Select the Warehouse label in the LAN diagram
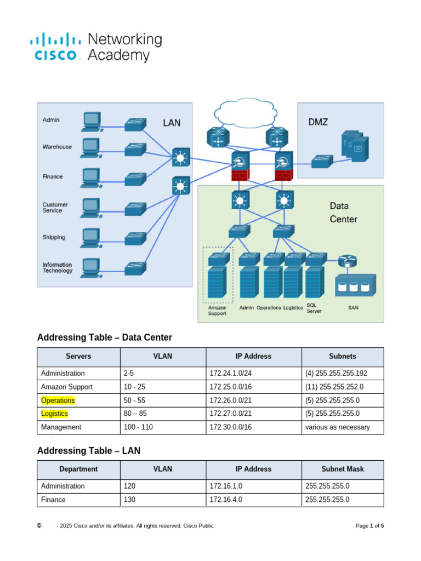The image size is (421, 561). [x=57, y=147]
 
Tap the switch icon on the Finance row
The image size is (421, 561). [x=135, y=178]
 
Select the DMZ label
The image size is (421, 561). [x=318, y=122]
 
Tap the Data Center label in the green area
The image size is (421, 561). [x=343, y=213]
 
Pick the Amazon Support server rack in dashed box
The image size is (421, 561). [x=218, y=281]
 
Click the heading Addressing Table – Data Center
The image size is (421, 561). [x=104, y=337]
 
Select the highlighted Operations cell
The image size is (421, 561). [x=58, y=400]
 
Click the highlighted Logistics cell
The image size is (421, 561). [x=55, y=414]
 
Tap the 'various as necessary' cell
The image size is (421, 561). [x=337, y=427]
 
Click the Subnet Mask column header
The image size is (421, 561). [x=342, y=469]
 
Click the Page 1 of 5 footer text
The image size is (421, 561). [x=369, y=526]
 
